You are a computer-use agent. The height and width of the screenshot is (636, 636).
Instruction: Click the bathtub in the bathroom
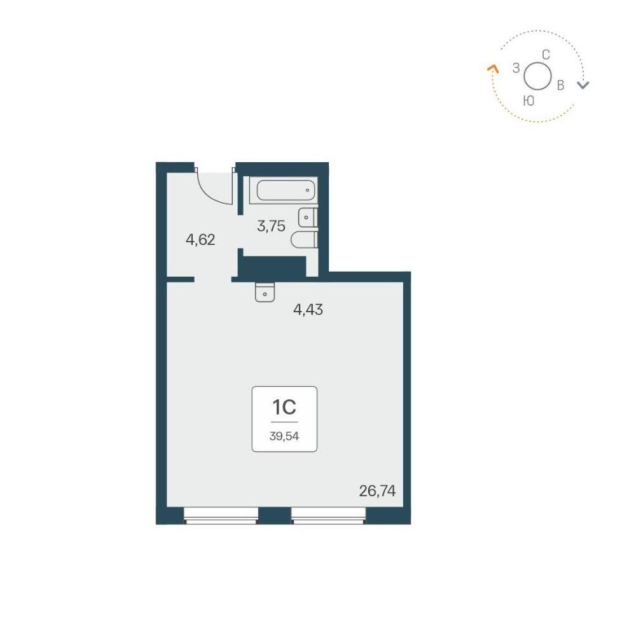[287, 190]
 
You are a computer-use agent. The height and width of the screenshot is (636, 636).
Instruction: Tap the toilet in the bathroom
[304, 239]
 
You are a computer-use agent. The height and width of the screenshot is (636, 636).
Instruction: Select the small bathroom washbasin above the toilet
[308, 218]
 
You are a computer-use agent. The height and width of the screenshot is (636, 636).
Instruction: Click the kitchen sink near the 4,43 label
[265, 292]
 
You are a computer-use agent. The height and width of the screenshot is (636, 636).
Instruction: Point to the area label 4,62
[200, 240]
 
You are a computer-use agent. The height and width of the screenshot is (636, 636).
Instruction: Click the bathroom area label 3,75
[271, 226]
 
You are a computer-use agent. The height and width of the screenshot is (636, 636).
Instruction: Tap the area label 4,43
[308, 310]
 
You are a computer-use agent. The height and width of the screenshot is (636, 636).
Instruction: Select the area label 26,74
[377, 491]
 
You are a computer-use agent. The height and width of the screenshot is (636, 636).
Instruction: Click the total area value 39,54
[284, 436]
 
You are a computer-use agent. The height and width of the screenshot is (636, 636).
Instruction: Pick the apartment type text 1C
[284, 408]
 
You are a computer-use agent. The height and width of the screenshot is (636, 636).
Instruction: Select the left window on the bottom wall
[221, 515]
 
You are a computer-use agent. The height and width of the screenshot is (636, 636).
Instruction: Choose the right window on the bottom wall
[329, 515]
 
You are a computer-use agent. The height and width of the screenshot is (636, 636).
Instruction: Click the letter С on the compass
[546, 55]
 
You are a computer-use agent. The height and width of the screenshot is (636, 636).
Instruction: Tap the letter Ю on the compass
[529, 101]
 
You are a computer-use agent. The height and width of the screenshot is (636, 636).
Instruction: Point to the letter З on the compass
[516, 68]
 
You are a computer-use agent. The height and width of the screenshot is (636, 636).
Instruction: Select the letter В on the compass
[560, 85]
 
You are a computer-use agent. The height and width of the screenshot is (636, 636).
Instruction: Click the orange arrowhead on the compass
[492, 68]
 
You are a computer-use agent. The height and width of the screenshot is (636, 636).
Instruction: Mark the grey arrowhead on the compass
[583, 85]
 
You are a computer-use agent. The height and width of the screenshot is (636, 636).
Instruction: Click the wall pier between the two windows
[275, 515]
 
